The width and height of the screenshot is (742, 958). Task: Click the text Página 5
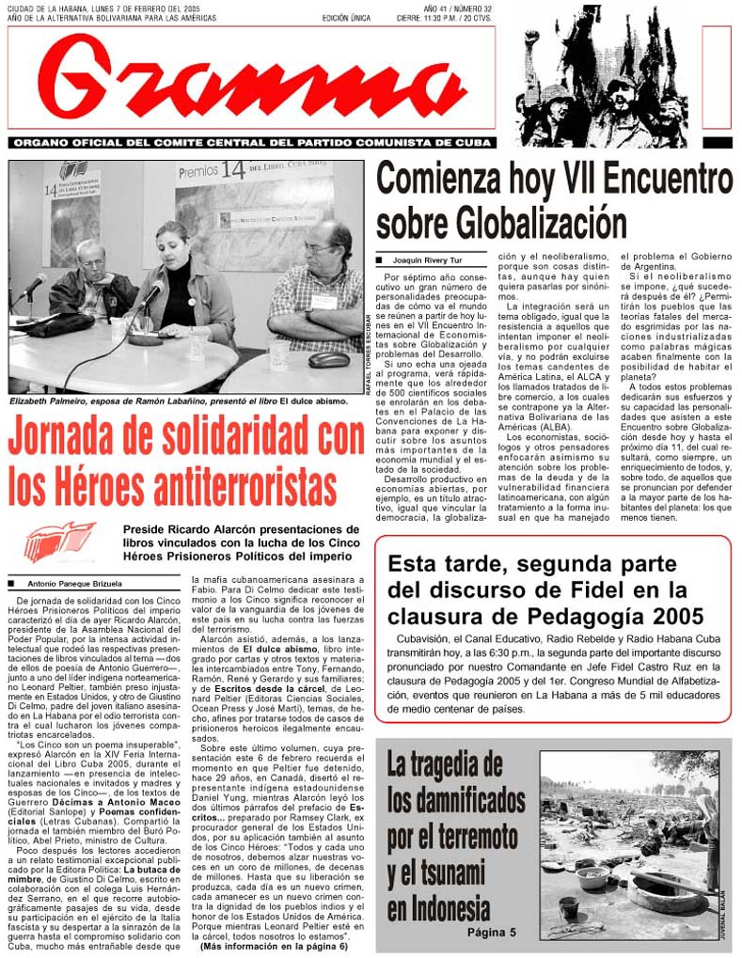coord(492,933)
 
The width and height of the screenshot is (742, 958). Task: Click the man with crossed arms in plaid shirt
coord(318,287)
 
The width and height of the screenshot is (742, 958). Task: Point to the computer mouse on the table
coord(329,358)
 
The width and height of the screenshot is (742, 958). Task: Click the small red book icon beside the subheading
coord(59,542)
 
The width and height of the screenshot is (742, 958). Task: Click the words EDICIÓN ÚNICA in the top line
coord(346,18)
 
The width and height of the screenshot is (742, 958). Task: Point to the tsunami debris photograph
coord(629,843)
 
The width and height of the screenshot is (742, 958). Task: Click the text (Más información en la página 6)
coord(273,947)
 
